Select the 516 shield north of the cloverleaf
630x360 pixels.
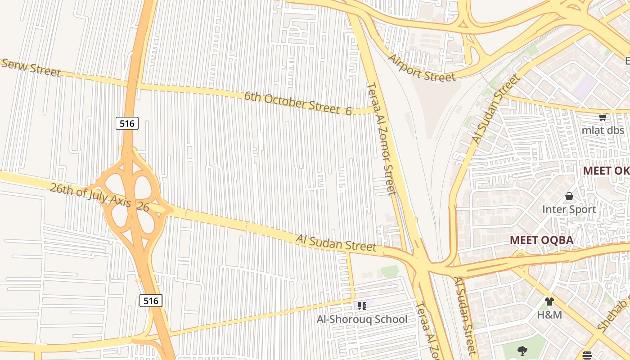[x=127, y=123]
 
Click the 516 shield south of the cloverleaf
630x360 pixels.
[x=150, y=301]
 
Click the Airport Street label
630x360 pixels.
[x=422, y=68]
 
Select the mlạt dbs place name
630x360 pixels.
[x=603, y=130]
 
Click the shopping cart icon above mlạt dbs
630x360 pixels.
[x=603, y=117]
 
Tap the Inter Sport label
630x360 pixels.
[x=569, y=209]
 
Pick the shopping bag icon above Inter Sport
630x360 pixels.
[x=569, y=196]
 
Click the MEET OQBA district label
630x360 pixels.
[x=541, y=240]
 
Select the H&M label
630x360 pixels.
[x=549, y=315]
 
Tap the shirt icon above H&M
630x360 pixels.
[x=549, y=301]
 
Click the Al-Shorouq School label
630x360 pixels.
[x=362, y=319]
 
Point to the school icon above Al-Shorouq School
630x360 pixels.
[x=362, y=306]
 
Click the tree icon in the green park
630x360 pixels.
[x=522, y=351]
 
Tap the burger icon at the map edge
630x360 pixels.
[x=587, y=355]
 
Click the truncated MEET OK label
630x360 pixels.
[x=606, y=171]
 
